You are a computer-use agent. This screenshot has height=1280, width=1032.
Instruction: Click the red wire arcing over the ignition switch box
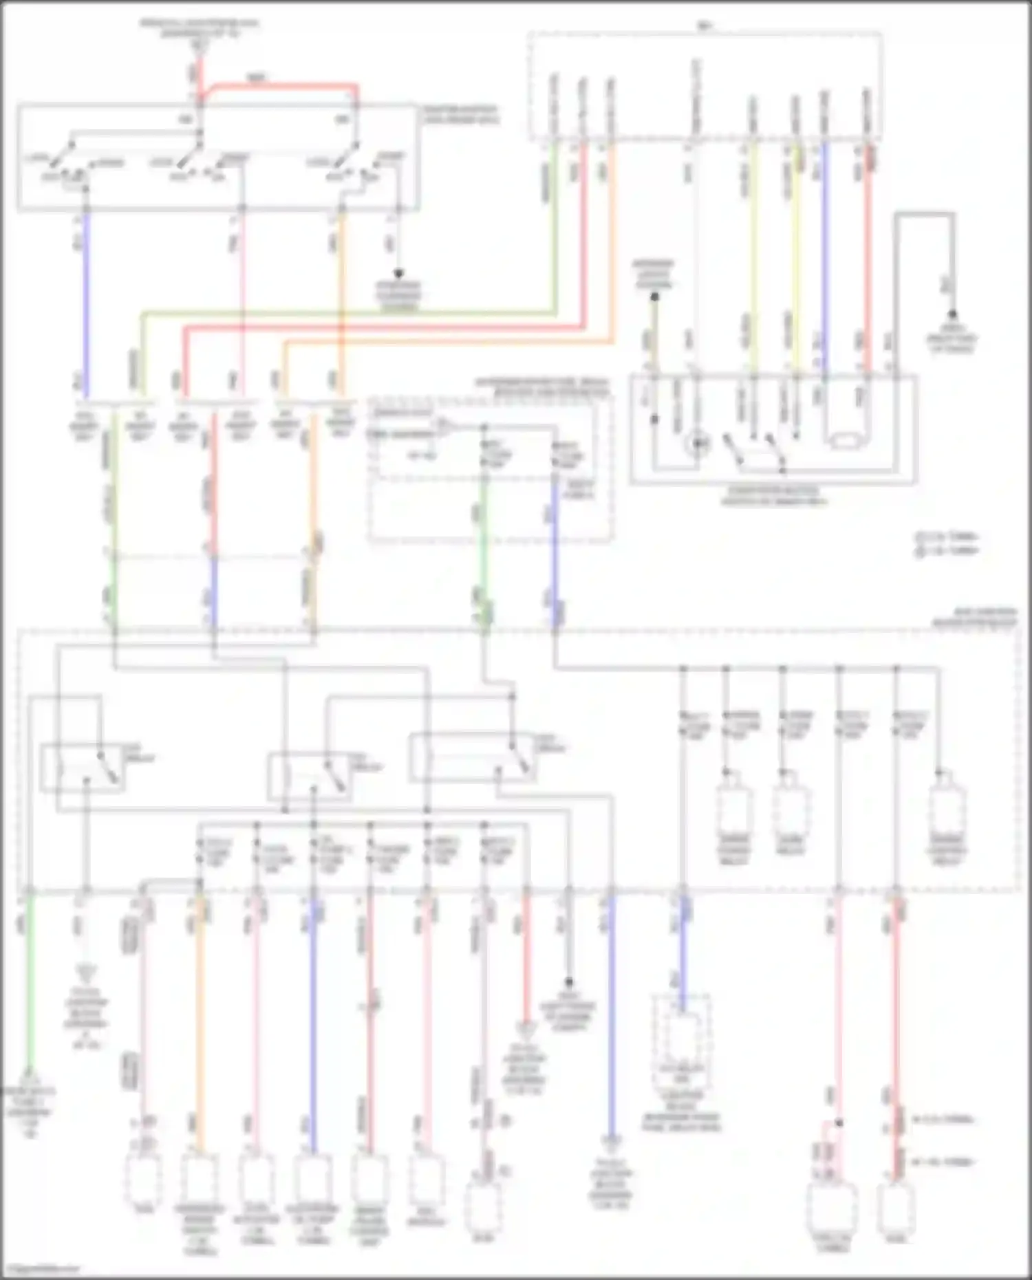282,86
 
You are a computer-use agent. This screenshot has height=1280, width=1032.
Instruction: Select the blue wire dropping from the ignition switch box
86,303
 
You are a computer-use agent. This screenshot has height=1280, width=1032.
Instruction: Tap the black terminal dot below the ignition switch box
398,274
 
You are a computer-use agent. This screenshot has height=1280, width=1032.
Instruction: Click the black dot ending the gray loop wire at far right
953,314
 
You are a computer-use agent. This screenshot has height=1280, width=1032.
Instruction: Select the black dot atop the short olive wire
654,297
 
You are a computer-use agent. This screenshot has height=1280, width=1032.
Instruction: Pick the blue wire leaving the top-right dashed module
825,254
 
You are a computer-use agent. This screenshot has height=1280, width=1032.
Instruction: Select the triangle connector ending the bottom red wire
526,1030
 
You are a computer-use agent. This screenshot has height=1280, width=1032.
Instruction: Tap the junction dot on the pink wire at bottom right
839,1122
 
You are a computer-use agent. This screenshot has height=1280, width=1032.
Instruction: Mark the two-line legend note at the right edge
948,543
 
